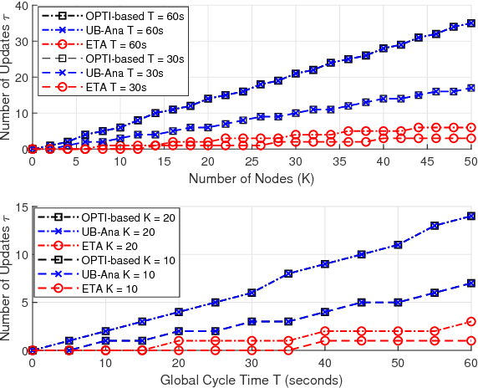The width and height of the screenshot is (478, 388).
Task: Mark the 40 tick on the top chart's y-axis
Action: tap(18, 5)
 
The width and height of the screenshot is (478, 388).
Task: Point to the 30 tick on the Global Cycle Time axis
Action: tap(251, 363)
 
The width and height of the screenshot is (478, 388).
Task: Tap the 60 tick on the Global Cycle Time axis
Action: tap(470, 363)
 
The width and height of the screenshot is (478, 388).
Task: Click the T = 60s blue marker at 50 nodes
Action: tap(470, 24)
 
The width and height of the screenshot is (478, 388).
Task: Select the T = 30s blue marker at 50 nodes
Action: tap(470, 88)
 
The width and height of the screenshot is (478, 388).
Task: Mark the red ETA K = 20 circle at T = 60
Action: tap(470, 322)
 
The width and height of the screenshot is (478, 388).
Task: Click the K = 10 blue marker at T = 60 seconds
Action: tap(470, 283)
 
